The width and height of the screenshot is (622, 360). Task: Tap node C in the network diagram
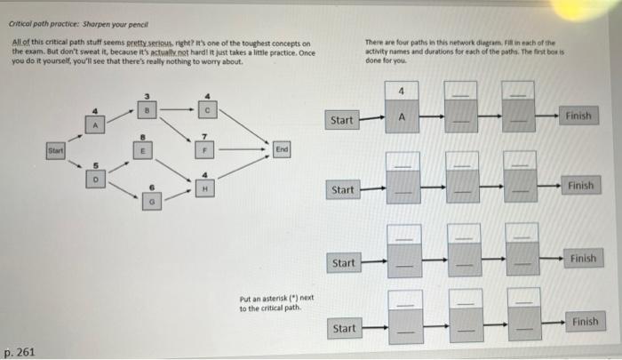(x=206, y=112)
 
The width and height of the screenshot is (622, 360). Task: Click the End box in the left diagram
(x=282, y=150)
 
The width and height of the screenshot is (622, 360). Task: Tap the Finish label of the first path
(x=578, y=116)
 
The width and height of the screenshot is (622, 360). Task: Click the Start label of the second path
(x=342, y=189)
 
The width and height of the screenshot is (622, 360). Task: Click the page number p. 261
(x=20, y=352)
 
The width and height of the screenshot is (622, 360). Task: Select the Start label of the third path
(x=342, y=263)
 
